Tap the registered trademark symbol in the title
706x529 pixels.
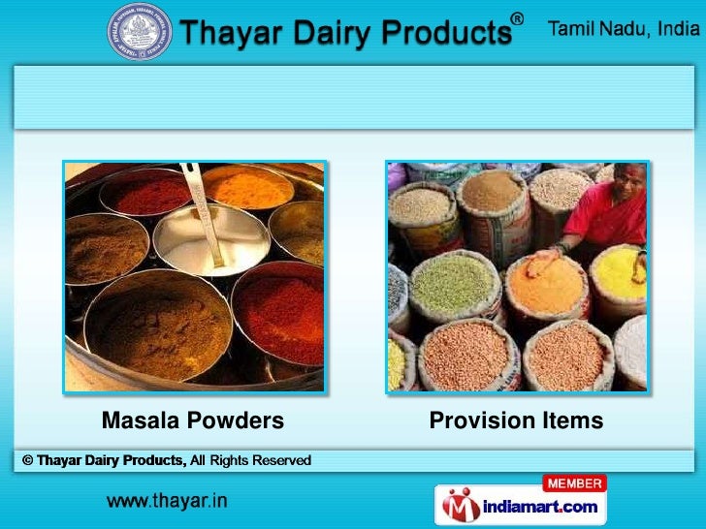[x=519, y=19]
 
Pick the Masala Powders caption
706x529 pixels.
[x=193, y=420]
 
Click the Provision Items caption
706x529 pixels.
[x=516, y=420]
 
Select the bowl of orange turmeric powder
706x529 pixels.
[x=247, y=186]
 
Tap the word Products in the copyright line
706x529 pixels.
[x=153, y=460]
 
